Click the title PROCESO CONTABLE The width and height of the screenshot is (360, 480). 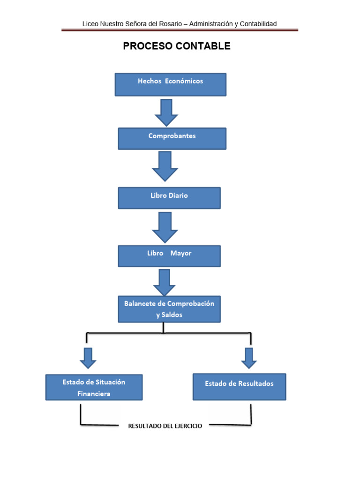tap(177, 46)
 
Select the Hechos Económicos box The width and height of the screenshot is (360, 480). tap(171, 84)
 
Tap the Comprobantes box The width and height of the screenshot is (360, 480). tap(172, 138)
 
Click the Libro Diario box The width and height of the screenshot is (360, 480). tap(169, 198)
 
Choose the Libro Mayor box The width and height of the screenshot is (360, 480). tap(169, 256)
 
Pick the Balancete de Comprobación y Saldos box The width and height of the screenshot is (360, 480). tap(169, 309)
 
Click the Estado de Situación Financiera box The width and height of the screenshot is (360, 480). tap(94, 387)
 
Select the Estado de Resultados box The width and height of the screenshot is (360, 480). tap(239, 386)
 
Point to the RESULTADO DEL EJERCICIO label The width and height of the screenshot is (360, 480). tap(165, 426)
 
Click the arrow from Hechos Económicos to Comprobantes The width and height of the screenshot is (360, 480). tap(166, 112)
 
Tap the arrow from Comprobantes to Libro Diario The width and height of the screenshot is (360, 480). tap(165, 166)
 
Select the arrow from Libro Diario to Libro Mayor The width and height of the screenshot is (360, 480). tap(165, 227)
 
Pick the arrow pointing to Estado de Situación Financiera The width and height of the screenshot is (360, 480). tap(88, 358)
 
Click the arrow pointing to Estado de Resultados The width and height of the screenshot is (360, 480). tap(249, 358)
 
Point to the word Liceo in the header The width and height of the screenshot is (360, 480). tap(90, 23)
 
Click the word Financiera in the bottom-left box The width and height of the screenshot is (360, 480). tap(94, 394)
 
